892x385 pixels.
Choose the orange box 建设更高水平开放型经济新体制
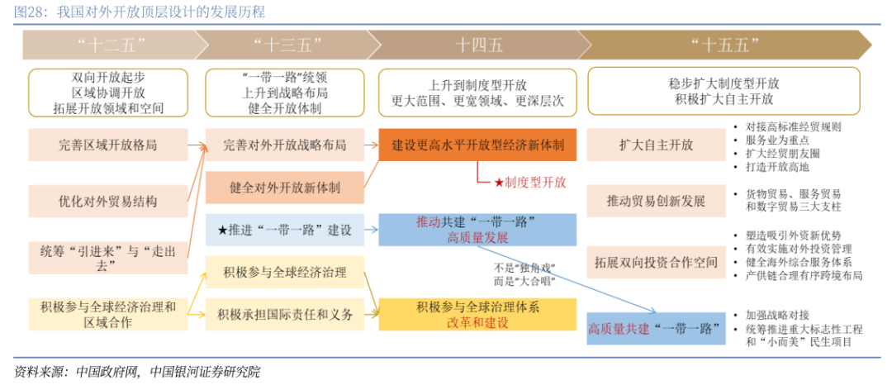coord(477,145)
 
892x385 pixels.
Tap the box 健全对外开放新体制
coord(285,188)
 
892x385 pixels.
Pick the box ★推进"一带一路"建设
coord(285,230)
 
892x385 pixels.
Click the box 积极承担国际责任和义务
coord(285,315)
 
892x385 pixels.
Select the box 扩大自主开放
coord(656,145)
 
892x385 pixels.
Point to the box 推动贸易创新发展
coord(656,201)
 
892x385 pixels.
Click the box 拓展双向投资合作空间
coord(656,263)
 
